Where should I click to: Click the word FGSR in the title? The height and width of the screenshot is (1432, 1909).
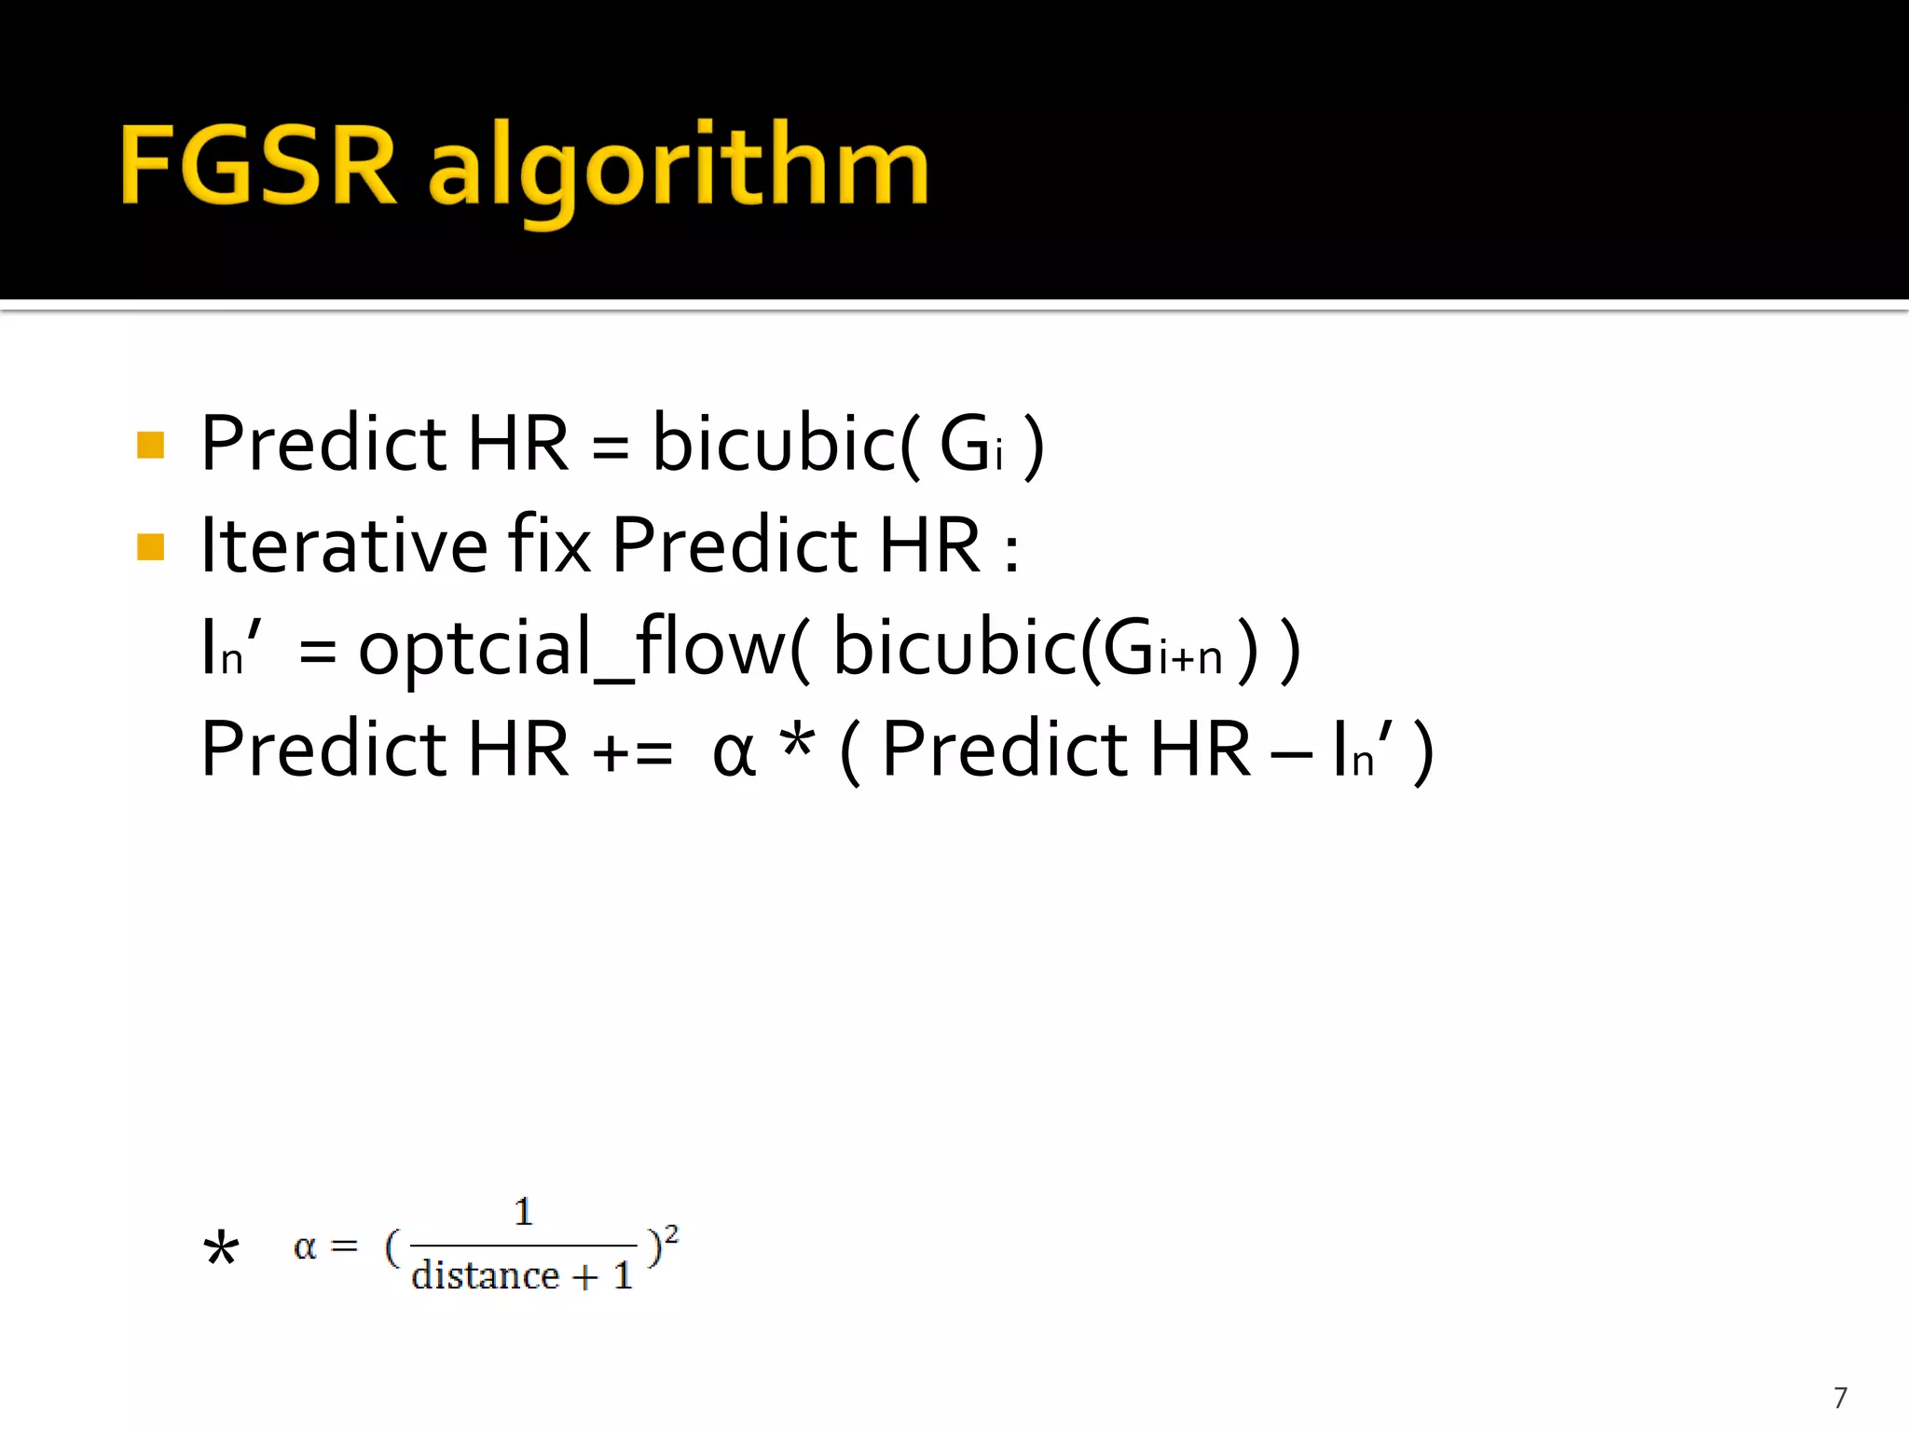[258, 166]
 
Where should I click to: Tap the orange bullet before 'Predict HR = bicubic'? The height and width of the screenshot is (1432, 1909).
[150, 445]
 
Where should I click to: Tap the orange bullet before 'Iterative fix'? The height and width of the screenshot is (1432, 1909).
[150, 546]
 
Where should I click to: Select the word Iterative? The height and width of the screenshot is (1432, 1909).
[344, 544]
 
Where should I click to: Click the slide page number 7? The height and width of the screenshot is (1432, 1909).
[1840, 1398]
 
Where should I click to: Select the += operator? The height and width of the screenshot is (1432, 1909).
[633, 751]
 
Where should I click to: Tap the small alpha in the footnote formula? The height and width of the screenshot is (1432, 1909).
[305, 1246]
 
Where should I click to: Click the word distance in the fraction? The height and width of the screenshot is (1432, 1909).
[485, 1275]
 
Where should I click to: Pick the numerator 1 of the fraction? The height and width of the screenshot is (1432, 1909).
[524, 1211]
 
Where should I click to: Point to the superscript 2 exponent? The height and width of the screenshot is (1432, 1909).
[672, 1234]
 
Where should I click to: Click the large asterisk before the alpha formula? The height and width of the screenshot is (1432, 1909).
[221, 1248]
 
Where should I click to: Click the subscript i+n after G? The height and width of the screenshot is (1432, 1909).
[1189, 659]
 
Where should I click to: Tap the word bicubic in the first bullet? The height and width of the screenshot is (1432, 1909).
[775, 444]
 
